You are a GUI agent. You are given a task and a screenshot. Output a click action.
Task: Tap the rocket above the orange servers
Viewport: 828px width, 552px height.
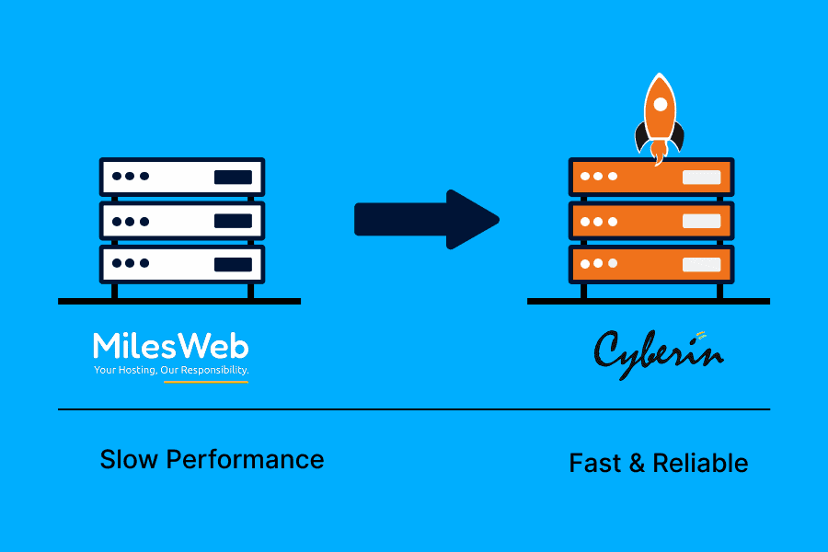[x=659, y=119]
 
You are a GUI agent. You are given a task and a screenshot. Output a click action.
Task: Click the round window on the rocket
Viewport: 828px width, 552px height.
[x=660, y=105]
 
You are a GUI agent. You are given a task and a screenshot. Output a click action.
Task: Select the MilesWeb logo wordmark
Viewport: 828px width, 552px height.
[x=170, y=347]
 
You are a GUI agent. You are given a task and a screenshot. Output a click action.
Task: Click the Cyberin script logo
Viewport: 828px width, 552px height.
[x=659, y=354]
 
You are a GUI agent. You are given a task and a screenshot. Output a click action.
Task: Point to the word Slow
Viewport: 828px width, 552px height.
[x=129, y=459]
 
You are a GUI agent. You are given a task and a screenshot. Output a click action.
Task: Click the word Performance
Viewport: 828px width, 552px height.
[x=245, y=459]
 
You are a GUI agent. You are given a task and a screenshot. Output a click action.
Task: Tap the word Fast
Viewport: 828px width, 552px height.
[x=594, y=464]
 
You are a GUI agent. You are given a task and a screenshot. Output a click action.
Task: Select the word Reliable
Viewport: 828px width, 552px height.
[x=700, y=464]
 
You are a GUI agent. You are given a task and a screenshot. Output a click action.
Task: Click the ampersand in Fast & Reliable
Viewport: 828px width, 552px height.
[x=637, y=464]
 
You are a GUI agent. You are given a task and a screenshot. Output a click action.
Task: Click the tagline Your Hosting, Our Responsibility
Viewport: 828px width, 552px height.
[x=171, y=370]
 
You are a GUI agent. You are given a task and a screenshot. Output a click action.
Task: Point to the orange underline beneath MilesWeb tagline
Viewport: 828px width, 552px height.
[x=206, y=382]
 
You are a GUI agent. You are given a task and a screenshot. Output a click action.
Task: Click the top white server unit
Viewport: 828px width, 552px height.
[x=182, y=177]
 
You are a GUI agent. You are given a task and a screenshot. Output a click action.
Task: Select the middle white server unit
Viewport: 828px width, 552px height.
[x=182, y=221]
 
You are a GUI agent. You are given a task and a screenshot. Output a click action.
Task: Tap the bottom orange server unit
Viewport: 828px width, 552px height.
[x=651, y=264]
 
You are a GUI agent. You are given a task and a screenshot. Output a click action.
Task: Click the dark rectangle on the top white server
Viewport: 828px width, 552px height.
[x=233, y=177]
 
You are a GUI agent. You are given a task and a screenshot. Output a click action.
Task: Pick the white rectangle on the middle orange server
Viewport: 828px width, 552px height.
[x=702, y=221]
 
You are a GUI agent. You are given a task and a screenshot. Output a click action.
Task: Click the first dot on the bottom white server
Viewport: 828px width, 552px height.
[x=117, y=263]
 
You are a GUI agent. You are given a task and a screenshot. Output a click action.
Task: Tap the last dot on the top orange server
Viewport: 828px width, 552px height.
[x=613, y=176]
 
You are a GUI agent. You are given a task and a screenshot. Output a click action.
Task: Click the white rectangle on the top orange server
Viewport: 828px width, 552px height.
[x=702, y=177]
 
